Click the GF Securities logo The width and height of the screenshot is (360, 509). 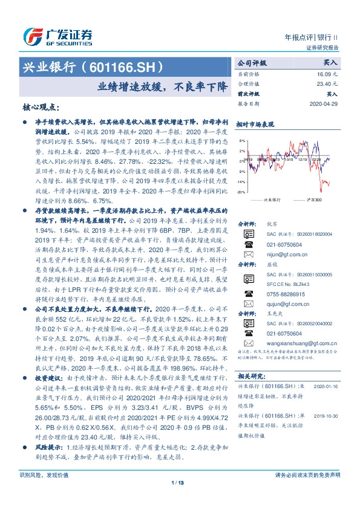pyautogui.click(x=57, y=37)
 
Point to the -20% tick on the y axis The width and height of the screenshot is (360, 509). pyautogui.click(x=241, y=192)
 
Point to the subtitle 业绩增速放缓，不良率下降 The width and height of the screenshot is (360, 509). pyautogui.click(x=163, y=86)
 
